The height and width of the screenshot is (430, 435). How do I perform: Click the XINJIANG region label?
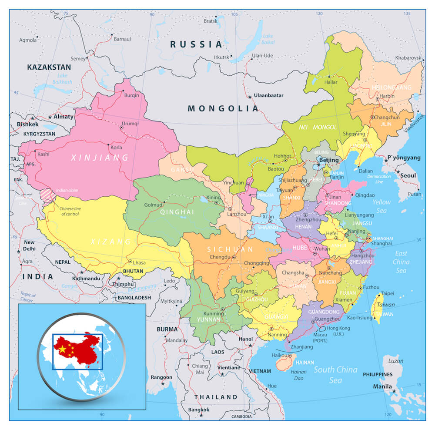pyautogui.click(x=100, y=158)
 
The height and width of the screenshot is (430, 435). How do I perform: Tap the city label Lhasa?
pyautogui.click(x=139, y=262)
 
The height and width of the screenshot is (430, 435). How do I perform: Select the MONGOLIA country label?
pyautogui.click(x=223, y=108)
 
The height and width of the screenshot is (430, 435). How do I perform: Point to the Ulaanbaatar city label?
pyautogui.click(x=269, y=95)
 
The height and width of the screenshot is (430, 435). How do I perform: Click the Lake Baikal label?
pyautogui.click(x=268, y=39)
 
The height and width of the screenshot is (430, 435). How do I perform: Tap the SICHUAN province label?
pyautogui.click(x=230, y=249)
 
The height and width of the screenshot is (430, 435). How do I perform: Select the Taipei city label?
pyautogui.click(x=387, y=293)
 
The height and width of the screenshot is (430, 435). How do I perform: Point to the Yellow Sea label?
pyautogui.click(x=381, y=206)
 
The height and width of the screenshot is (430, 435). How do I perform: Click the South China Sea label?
pyautogui.click(x=335, y=375)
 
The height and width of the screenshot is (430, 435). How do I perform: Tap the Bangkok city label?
pyautogui.click(x=199, y=410)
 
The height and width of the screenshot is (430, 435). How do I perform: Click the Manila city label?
pyautogui.click(x=382, y=386)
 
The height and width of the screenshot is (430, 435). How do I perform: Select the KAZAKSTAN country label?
pyautogui.click(x=49, y=67)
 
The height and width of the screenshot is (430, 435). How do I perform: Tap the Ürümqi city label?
pyautogui.click(x=130, y=123)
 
